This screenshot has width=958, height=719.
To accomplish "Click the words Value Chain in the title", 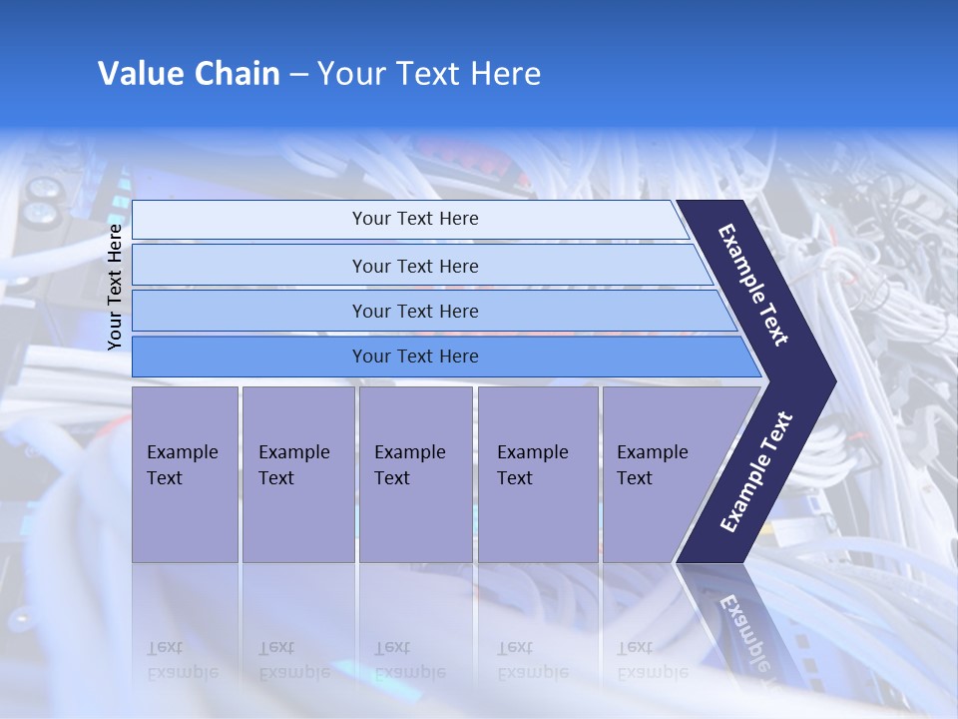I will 189,74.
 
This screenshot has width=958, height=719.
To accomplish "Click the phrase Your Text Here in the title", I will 429,74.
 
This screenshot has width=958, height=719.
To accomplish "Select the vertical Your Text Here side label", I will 115,287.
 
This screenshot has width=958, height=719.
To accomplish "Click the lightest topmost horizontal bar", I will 249,220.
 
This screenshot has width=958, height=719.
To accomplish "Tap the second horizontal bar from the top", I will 249,266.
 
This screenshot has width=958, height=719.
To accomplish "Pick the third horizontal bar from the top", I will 249,312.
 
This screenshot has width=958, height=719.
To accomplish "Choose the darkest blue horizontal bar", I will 249,357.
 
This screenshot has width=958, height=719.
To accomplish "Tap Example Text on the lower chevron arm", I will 756,471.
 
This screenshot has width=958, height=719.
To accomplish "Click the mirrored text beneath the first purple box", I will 182,660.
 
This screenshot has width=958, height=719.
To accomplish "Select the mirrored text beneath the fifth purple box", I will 652,660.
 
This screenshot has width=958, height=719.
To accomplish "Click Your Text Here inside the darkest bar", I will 415,357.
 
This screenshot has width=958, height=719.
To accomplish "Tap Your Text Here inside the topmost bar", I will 415,219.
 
